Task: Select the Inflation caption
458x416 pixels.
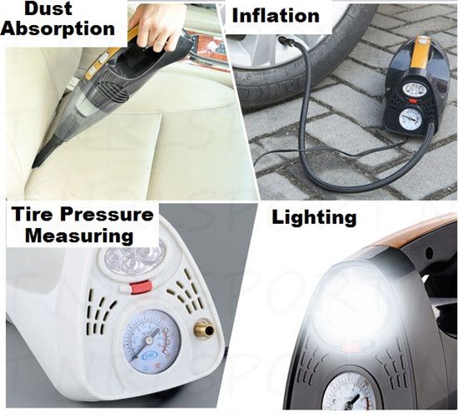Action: tap(276, 16)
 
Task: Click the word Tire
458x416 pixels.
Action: tap(32, 214)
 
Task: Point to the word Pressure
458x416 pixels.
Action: tap(107, 214)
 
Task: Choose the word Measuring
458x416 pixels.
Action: tap(79, 236)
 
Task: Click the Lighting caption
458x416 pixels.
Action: tap(314, 218)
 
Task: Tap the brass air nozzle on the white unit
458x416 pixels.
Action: tap(204, 331)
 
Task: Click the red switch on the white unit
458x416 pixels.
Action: tap(140, 287)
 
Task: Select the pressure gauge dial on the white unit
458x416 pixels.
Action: tap(151, 342)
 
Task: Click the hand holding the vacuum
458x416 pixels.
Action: tap(157, 26)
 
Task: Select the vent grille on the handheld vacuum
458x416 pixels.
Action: tap(112, 91)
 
